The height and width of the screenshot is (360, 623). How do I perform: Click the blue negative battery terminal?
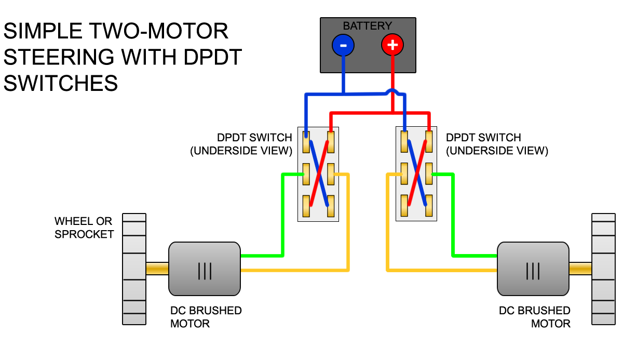pyautogui.click(x=343, y=46)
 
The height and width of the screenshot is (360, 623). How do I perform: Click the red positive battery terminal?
pyautogui.click(x=392, y=46)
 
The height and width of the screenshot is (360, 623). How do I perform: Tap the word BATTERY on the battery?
pyautogui.click(x=367, y=25)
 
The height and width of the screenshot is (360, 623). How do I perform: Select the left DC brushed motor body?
pyautogui.click(x=205, y=269)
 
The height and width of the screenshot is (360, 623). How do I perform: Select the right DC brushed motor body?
pyautogui.click(x=533, y=269)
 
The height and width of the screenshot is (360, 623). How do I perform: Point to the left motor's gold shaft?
pyautogui.click(x=157, y=269)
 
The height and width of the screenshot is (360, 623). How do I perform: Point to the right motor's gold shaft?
pyautogui.click(x=580, y=269)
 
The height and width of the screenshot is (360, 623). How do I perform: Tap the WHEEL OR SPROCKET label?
pyautogui.click(x=84, y=228)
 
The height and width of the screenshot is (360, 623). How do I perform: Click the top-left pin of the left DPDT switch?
pyautogui.click(x=306, y=141)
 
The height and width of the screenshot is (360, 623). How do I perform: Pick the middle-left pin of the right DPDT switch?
pyautogui.click(x=404, y=174)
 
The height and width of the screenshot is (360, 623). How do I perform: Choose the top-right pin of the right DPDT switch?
pyautogui.click(x=429, y=141)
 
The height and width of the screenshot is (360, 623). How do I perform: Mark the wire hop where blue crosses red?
pyautogui.click(x=392, y=93)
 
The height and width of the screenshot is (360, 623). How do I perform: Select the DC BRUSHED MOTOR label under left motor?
pyautogui.click(x=206, y=317)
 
